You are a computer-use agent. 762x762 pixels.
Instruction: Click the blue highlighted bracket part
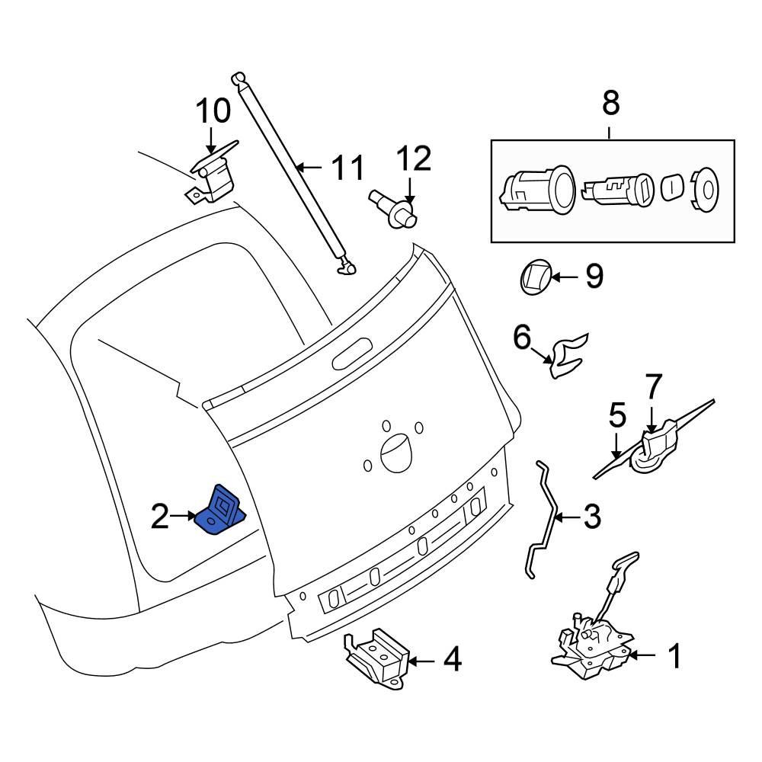219,513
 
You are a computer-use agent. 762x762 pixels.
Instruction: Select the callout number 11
347,168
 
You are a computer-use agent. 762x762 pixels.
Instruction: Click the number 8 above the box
611,103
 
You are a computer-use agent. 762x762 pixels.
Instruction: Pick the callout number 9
594,276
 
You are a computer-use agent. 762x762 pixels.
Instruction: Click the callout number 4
452,660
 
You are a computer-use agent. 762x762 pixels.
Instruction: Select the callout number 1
675,655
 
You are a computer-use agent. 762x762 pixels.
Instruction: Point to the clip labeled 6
567,355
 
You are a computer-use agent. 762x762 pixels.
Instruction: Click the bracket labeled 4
377,659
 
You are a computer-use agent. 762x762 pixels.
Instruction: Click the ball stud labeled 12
395,210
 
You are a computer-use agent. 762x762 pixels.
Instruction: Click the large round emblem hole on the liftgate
396,453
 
